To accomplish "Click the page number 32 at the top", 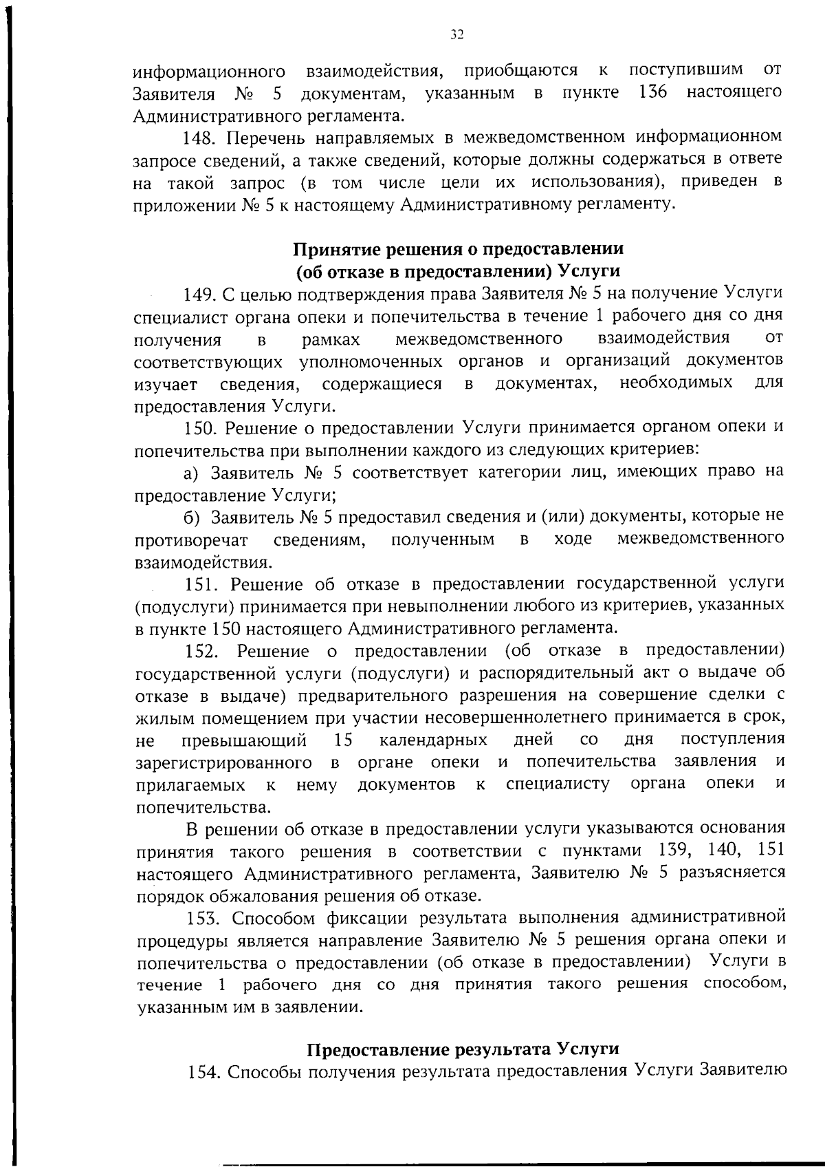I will pos(456,34).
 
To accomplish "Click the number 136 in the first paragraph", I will pos(652,92).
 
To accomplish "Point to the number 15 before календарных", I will pos(343,740).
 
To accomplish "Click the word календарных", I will pos(433,740).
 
